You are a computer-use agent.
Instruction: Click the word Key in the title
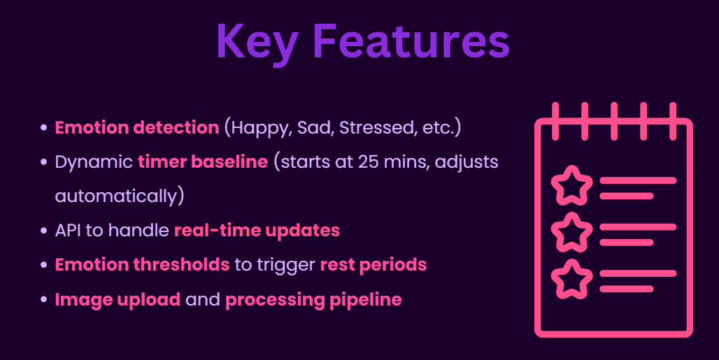(257, 43)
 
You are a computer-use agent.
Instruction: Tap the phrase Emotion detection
(137, 127)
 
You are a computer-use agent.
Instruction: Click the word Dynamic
(94, 162)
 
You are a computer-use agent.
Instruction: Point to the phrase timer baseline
(203, 161)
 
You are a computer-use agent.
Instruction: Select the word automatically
(116, 196)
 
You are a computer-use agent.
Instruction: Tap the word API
(68, 231)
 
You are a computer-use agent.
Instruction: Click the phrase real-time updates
(257, 231)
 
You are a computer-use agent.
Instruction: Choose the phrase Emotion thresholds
(142, 265)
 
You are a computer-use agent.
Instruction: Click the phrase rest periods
(373, 265)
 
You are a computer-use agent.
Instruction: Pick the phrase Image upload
(118, 300)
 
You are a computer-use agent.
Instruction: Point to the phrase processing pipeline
(313, 300)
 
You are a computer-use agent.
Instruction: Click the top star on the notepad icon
(571, 185)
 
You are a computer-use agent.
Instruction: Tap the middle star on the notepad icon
(571, 232)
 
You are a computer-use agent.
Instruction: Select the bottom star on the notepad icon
(571, 279)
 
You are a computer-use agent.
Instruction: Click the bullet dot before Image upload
(43, 300)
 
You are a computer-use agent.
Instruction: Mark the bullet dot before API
(43, 231)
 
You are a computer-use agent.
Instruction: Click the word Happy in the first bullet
(261, 128)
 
